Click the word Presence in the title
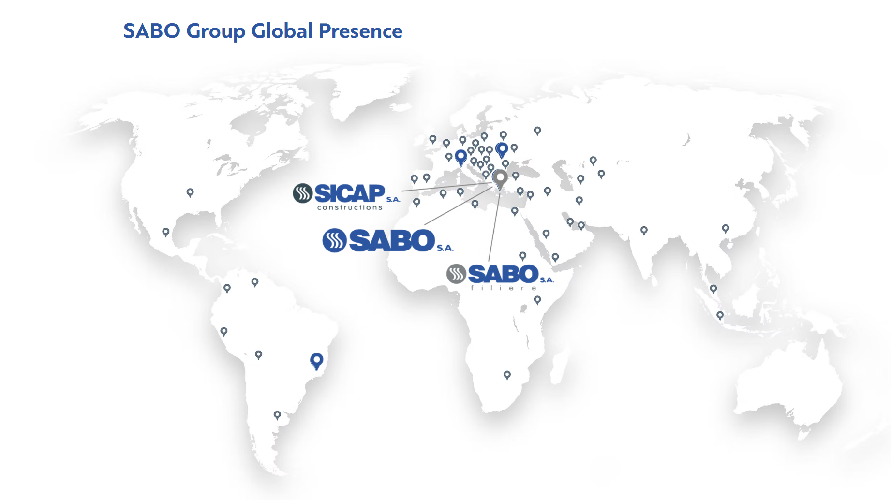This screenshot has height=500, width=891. [360, 31]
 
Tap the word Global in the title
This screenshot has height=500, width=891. [282, 31]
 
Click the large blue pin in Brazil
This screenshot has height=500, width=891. [317, 361]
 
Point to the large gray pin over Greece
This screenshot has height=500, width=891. [500, 179]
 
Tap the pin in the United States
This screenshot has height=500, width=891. [190, 193]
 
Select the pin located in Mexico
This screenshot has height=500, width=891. [166, 233]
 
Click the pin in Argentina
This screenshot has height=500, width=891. [277, 415]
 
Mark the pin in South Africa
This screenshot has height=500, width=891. [507, 375]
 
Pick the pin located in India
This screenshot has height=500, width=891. [644, 231]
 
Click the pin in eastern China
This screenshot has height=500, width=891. [726, 229]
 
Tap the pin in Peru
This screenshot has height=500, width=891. [223, 332]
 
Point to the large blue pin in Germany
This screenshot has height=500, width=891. [461, 157]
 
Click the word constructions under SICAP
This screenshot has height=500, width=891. [350, 207]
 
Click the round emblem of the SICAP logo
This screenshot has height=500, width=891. [303, 193]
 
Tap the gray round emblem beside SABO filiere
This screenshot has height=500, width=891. [456, 274]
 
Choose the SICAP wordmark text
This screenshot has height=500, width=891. [350, 193]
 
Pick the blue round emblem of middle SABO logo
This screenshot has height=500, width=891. [334, 240]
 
